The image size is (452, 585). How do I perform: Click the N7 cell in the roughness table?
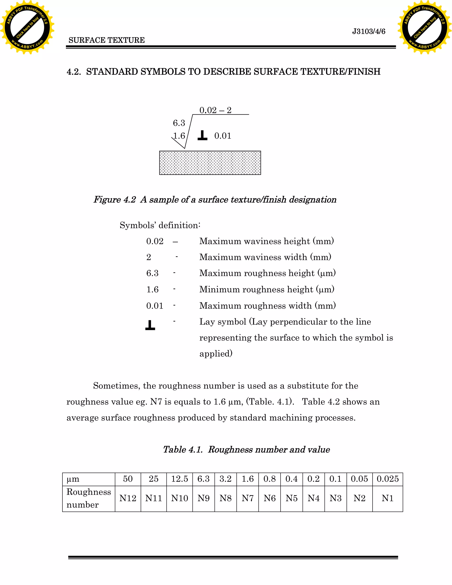(x=247, y=498)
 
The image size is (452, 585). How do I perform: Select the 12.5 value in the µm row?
(x=179, y=479)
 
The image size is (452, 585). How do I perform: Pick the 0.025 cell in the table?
(x=388, y=479)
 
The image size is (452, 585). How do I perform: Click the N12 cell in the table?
(x=128, y=498)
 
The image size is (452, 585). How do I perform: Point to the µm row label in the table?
(x=73, y=479)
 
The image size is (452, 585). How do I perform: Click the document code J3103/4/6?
(x=368, y=32)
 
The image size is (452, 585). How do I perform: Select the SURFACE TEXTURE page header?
(x=107, y=40)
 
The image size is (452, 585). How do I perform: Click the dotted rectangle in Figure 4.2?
(x=210, y=163)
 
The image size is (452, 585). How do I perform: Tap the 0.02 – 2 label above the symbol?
(x=215, y=110)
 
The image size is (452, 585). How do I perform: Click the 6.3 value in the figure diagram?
(x=179, y=123)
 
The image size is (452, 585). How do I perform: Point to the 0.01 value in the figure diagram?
(x=222, y=136)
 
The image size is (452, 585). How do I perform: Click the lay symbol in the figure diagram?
(x=202, y=135)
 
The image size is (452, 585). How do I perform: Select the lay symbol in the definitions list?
(x=150, y=325)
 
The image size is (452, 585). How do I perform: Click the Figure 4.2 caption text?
(x=215, y=200)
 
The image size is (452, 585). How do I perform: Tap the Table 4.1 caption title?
(x=246, y=449)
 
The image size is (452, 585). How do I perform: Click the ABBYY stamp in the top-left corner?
(x=27, y=27)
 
